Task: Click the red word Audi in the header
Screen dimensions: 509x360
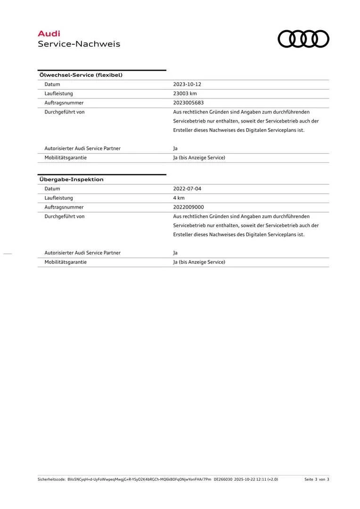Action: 49,33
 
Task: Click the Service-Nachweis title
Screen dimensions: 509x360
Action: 79,44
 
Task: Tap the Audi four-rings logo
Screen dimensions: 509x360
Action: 303,39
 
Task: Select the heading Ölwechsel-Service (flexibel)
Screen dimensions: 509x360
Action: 81,75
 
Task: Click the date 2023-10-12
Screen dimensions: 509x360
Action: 187,84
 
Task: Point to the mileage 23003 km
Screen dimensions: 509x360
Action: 185,93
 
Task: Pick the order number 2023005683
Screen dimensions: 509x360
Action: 188,103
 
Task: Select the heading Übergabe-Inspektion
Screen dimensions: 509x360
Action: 71,180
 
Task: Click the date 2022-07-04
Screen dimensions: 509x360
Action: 187,189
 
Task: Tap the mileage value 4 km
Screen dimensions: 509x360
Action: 179,198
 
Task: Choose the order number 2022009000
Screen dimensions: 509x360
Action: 188,207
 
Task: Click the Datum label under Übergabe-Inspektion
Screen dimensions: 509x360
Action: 52,189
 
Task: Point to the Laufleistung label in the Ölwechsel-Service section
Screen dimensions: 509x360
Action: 58,93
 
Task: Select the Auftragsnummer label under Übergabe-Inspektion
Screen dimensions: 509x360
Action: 64,207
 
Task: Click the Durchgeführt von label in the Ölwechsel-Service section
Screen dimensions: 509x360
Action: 65,112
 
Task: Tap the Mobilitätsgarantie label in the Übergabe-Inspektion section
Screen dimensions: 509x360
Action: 65,262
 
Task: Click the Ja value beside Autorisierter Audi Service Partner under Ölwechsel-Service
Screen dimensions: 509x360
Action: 175,148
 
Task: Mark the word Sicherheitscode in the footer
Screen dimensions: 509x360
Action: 51,479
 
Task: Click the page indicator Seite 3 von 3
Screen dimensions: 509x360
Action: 317,479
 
